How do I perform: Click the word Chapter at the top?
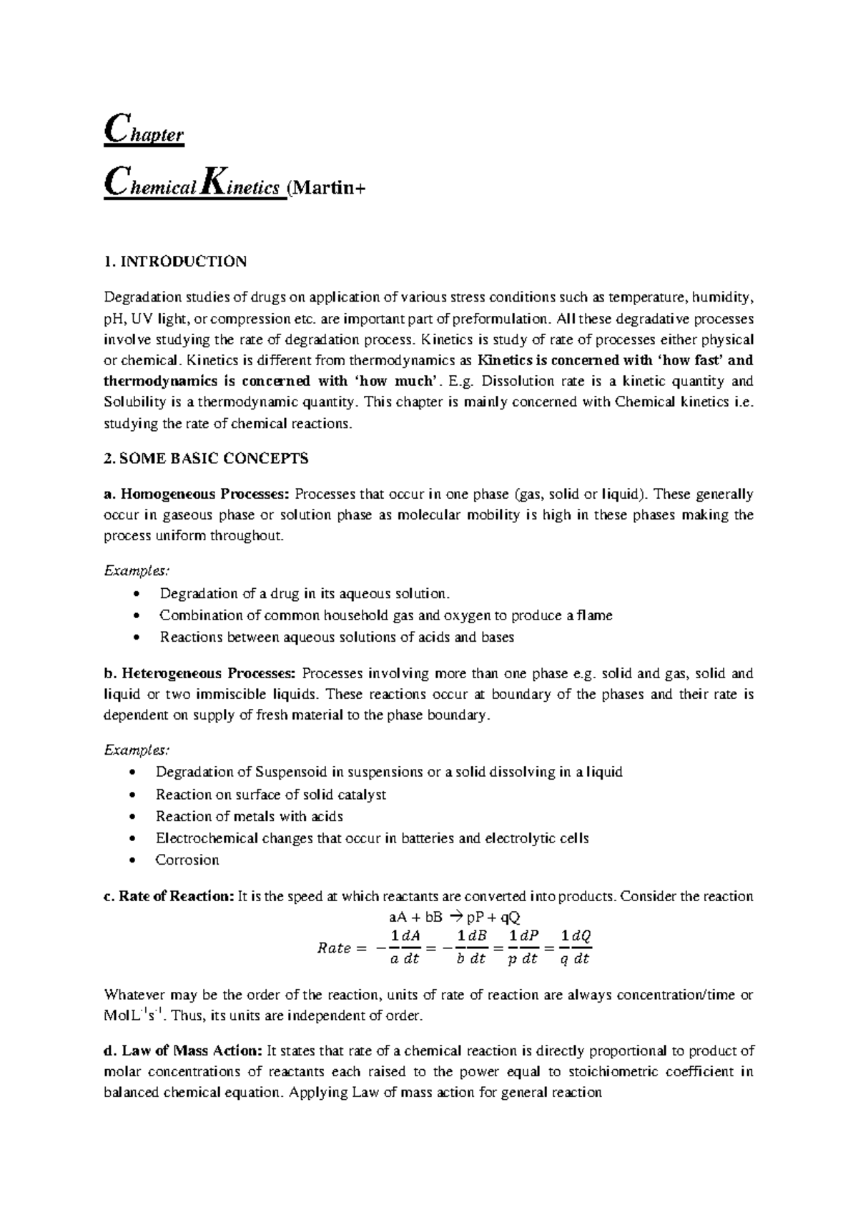click(144, 133)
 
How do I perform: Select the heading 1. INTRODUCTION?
click(175, 261)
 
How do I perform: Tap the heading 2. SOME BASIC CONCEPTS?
click(206, 459)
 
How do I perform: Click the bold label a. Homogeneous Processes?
click(197, 494)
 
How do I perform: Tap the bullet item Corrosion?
click(187, 860)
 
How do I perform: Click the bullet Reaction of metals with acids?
click(249, 816)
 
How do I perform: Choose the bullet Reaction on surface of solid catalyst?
click(270, 794)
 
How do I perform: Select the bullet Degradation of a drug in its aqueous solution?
click(305, 594)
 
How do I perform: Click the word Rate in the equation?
click(333, 948)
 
